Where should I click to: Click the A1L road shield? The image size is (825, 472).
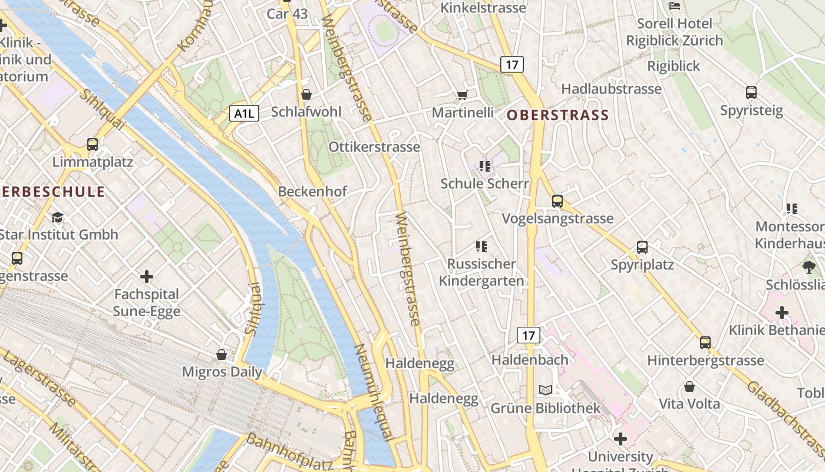point(244,113)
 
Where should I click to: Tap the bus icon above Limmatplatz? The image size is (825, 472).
point(93,144)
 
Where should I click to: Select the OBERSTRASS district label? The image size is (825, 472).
point(557,115)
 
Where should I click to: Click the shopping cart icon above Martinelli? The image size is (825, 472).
point(463,95)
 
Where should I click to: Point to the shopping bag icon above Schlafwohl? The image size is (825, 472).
point(306,94)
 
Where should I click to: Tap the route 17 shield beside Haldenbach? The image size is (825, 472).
point(529,336)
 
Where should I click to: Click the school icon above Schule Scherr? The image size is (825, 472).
point(485,166)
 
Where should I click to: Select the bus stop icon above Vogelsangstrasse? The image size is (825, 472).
point(557,201)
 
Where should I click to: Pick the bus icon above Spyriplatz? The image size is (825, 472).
point(642,247)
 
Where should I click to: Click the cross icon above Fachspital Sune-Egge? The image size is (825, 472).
point(147,276)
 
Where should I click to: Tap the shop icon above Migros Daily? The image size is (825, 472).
point(222,354)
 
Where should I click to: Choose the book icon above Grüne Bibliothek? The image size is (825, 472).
point(546,390)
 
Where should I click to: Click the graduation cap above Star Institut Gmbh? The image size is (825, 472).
point(57,217)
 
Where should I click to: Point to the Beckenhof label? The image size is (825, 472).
point(312,191)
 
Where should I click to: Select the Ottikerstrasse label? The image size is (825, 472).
point(374,147)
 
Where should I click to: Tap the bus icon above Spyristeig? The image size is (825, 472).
point(751,93)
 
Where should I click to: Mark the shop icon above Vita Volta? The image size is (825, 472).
point(689,386)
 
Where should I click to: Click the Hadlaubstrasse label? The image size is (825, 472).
point(611,89)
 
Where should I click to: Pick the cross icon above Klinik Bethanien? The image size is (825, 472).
point(782,312)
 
